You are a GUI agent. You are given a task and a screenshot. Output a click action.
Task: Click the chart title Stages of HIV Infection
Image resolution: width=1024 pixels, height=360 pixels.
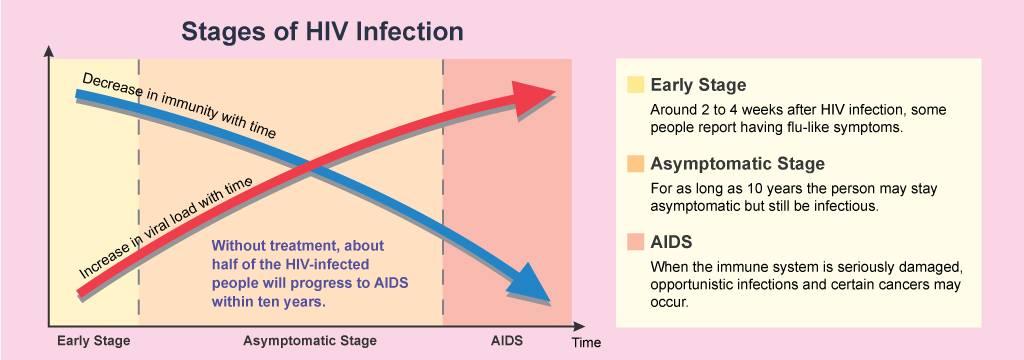322,31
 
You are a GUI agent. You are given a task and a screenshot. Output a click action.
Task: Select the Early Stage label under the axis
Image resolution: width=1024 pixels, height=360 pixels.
93,340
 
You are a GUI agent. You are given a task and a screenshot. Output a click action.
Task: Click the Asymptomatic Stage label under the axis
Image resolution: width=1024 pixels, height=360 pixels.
310,340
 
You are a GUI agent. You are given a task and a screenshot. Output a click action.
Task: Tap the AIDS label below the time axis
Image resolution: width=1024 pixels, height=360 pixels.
507,340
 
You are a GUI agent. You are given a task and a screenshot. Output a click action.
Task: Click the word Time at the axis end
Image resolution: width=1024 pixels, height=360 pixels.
586,342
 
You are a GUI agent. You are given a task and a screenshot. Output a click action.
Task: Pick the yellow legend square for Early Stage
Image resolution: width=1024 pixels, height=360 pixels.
635,86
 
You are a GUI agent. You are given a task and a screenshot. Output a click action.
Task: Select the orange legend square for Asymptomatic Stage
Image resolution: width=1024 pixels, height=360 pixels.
635,163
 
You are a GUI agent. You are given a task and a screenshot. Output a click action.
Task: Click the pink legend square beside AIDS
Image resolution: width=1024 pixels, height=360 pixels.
635,242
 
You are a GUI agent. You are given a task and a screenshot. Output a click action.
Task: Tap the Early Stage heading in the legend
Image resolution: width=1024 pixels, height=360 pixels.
698,86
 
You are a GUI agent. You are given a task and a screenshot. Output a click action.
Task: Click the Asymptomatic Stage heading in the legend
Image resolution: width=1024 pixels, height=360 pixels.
737,163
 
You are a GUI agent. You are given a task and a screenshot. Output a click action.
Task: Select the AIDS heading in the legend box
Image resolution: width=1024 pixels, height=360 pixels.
671,242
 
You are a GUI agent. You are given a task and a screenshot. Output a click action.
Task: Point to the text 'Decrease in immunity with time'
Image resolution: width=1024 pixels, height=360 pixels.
179,105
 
